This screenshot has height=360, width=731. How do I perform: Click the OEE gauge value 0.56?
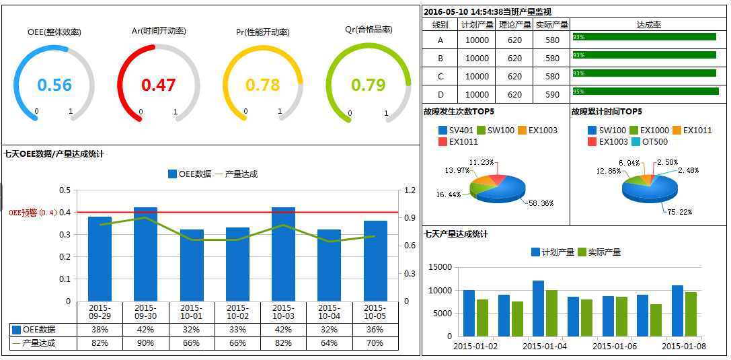point(54,85)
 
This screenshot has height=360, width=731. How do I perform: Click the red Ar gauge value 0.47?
point(159,85)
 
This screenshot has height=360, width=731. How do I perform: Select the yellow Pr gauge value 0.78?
point(263,85)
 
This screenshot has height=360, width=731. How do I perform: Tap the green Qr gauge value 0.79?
point(369,85)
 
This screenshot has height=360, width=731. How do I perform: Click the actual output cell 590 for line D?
point(552,94)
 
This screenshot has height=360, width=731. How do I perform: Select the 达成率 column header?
point(648,24)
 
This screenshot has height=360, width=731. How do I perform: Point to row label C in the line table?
point(440,77)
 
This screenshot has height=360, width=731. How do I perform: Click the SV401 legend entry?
point(457,130)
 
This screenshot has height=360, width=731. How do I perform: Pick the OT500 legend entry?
point(649,142)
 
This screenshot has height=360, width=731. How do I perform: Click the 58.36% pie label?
point(541,203)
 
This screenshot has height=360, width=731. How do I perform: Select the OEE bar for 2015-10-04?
point(329,265)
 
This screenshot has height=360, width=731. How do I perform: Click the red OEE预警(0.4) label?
point(33,213)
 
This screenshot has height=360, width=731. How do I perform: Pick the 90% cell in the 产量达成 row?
point(145,343)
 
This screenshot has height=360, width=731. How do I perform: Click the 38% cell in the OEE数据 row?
point(100,330)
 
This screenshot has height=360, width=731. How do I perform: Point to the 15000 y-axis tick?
point(440,267)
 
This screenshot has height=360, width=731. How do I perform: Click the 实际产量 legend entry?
point(599,252)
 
